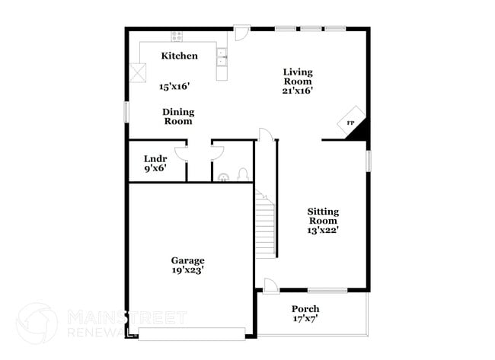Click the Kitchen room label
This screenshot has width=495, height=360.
pos(180,56)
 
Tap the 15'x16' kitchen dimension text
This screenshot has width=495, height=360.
pos(175,87)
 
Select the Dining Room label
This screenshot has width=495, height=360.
pos(177,116)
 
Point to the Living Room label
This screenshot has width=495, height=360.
pos(298,76)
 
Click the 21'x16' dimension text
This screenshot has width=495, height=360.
pos(298,90)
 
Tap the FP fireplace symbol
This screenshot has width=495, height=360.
pos(350,123)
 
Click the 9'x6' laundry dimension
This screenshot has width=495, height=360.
pos(155,169)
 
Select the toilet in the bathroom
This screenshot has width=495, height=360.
pos(242,174)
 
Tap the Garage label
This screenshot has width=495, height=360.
pos(187,260)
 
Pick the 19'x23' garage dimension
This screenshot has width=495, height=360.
pos(187,269)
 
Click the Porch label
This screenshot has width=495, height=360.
pos(305,309)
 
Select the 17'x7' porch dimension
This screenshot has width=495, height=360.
pos(305,319)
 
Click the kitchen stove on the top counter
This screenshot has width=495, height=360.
pos(177,36)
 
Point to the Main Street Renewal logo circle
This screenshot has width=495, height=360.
pos(37,323)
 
